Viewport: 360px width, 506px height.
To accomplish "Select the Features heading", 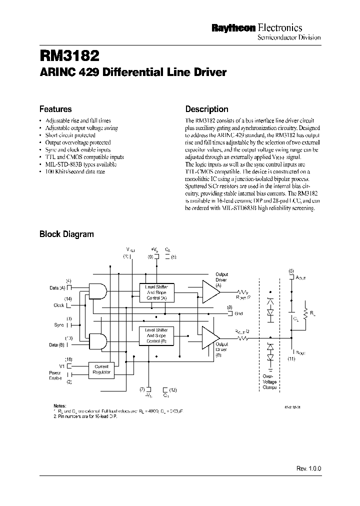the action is (x=55, y=109).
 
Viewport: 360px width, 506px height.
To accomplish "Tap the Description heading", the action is (x=206, y=109).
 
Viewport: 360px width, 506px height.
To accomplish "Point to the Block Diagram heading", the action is (x=66, y=233).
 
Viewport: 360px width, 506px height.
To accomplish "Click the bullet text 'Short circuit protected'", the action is (x=70, y=135).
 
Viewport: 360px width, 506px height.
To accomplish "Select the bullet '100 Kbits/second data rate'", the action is (x=75, y=171).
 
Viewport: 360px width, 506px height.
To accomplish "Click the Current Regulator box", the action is (x=101, y=370).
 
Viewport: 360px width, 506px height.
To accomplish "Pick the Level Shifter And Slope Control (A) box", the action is (x=156, y=292).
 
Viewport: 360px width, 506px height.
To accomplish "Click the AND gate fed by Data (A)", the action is (x=97, y=291).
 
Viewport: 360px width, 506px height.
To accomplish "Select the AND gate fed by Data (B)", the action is (x=97, y=341).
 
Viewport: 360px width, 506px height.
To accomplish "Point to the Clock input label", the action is (x=59, y=305).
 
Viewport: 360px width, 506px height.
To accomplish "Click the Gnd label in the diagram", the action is (x=238, y=313).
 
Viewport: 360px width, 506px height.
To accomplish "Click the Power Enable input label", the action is (x=55, y=375).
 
